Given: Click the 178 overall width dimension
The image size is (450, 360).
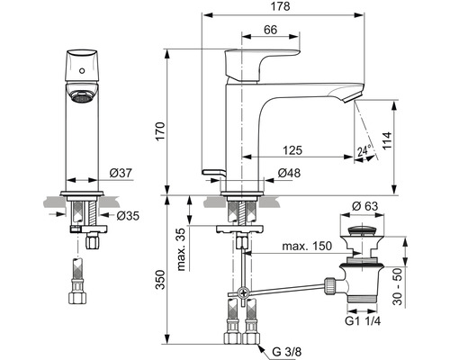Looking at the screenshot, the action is click(x=280, y=6).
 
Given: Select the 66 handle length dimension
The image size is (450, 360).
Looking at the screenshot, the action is click(x=271, y=30).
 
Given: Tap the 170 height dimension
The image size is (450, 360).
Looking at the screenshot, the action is click(x=160, y=131).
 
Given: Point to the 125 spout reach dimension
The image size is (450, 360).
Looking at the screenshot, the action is click(x=292, y=150).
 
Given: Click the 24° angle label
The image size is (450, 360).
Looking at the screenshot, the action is click(x=364, y=150).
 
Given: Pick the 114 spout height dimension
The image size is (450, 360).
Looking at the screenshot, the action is click(x=387, y=140).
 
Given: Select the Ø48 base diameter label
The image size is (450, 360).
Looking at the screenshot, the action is click(x=289, y=173).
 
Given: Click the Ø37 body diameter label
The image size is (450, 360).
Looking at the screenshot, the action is click(x=121, y=173).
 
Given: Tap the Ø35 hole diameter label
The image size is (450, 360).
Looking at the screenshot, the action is click(x=128, y=215).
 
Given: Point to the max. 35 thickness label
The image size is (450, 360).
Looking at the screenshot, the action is click(x=181, y=249).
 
